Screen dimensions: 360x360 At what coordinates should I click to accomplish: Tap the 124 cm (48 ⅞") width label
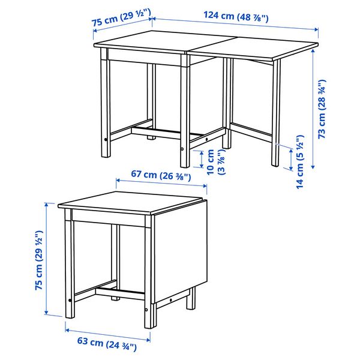[x=235, y=16]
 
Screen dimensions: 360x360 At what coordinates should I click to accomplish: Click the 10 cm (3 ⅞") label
[x=215, y=161]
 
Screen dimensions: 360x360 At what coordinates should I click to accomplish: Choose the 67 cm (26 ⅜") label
[x=161, y=176]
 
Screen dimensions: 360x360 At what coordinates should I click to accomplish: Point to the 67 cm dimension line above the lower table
[x=161, y=185]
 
